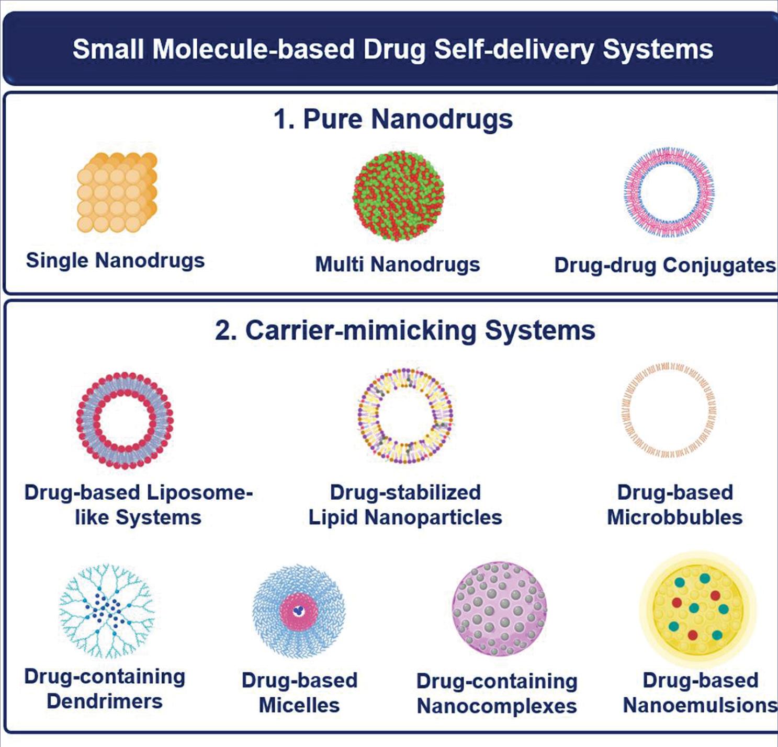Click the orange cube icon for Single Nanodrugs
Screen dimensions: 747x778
pos(117,192)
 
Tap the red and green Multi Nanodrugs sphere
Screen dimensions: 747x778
pos(399,196)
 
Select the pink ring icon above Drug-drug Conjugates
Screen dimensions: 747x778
pos(669,192)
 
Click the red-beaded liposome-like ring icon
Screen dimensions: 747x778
pos(125,420)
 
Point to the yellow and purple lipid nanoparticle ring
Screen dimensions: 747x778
pos(405,416)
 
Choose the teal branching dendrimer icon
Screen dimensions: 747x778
pos(107,611)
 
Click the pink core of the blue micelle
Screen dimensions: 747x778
pos(299,611)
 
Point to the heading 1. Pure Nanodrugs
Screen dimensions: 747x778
pos(393,119)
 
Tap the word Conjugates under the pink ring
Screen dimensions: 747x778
pos(719,266)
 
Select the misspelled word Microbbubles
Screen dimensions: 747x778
pos(674,518)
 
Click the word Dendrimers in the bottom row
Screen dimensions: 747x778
pos(105,702)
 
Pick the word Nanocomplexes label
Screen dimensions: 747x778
pos(497,706)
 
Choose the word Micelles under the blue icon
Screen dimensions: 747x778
pos(299,706)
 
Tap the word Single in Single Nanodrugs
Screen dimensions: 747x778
pos(58,260)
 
